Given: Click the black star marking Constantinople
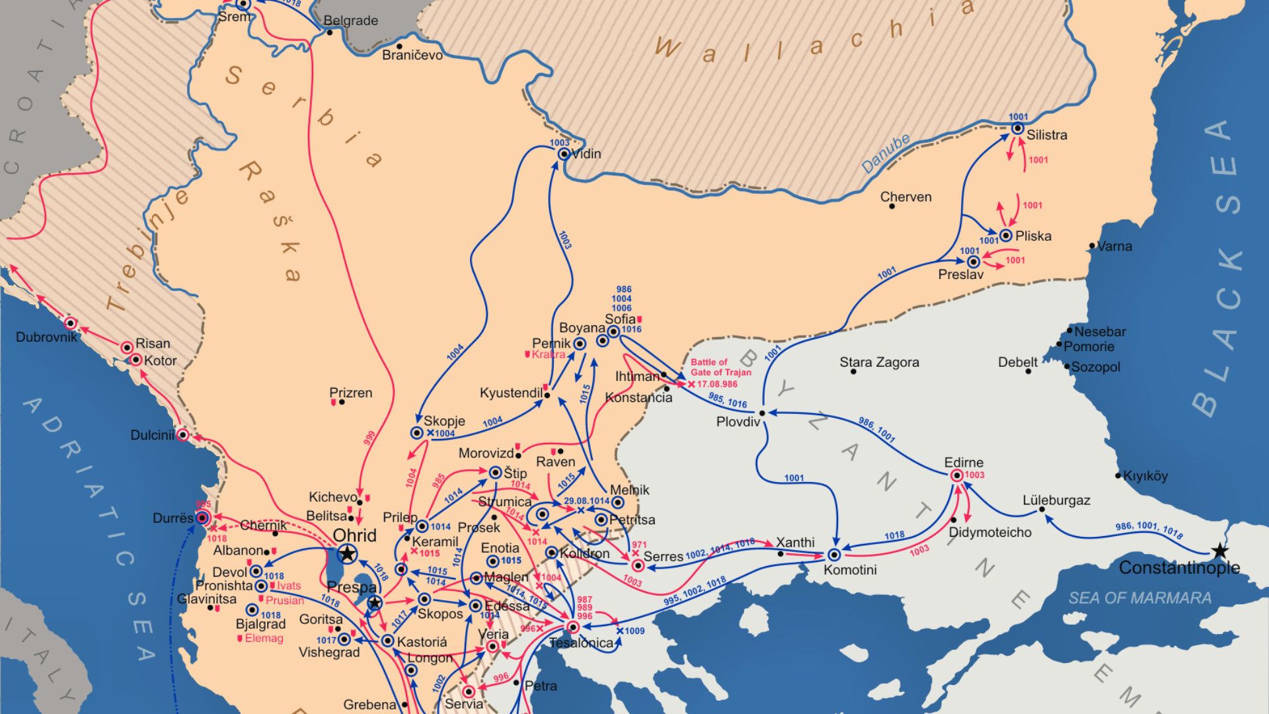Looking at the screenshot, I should coord(1220,551).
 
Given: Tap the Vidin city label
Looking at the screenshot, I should coord(586,154).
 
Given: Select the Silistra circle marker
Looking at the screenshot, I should coord(1018,128).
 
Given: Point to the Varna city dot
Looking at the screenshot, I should coord(1093,246).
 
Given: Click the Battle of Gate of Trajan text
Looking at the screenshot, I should coord(720,368).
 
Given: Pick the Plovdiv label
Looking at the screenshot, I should coord(738,422).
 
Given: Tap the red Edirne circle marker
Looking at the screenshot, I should coord(956,475).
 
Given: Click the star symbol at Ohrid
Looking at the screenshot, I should coord(347,554).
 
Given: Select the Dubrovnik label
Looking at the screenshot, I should coord(46,337).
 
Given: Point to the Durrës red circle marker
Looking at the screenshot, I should coord(203,518).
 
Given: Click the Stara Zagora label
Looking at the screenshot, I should coord(879,362).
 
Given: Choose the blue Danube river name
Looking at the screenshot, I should coord(886,154).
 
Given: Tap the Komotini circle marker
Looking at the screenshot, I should coord(834,555).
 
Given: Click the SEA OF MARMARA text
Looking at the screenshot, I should coord(1139,598).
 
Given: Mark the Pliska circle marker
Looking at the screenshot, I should coord(1006,235).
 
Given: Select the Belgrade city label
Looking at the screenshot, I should coord(351,20).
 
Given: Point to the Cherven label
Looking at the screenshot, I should coord(905,197).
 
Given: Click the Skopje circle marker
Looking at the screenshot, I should coord(417,433).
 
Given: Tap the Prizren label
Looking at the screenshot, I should coord(351,393).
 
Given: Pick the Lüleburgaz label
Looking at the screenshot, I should coord(1056,500).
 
